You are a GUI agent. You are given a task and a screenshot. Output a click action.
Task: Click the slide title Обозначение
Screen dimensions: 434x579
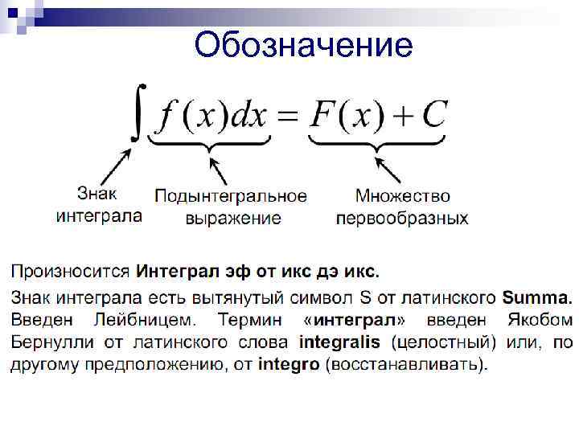pyautogui.click(x=303, y=45)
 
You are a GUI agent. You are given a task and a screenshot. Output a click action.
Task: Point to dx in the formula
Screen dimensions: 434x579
pyautogui.click(x=248, y=117)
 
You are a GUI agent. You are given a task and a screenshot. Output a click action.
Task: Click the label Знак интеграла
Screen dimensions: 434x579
pyautogui.click(x=98, y=204)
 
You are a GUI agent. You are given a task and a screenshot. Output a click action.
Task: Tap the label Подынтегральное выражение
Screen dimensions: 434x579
pyautogui.click(x=232, y=207)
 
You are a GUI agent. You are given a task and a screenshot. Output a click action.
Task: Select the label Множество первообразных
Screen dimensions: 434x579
pyautogui.click(x=402, y=207)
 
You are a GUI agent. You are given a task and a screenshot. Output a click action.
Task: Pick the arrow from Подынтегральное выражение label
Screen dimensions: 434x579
pyautogui.click(x=220, y=170)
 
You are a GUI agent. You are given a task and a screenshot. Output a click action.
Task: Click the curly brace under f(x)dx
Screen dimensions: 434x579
pyautogui.click(x=211, y=145)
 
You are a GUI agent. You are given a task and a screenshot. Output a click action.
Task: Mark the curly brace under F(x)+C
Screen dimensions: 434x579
pyautogui.click(x=376, y=145)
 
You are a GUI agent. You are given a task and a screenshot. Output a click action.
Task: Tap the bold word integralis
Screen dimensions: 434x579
pyautogui.click(x=339, y=342)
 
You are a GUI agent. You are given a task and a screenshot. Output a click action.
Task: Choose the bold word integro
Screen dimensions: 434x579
pyautogui.click(x=289, y=365)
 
